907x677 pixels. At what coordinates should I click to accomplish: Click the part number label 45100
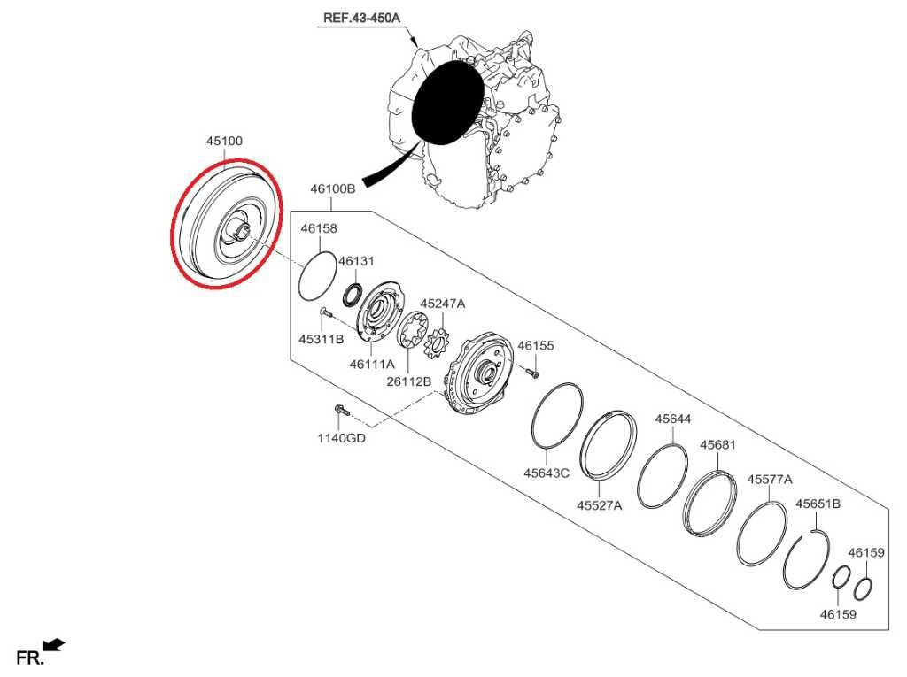click(x=224, y=141)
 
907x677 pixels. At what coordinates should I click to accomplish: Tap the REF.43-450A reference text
click(x=361, y=18)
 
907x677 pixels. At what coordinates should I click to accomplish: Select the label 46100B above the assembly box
click(x=333, y=188)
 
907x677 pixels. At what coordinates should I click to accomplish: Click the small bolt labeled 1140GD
click(x=341, y=412)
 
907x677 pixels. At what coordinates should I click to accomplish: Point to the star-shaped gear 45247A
click(x=437, y=343)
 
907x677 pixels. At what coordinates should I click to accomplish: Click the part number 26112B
click(x=409, y=381)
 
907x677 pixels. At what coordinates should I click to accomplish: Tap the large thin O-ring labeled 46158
click(x=318, y=276)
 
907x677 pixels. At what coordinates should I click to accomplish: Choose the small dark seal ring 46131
click(x=352, y=295)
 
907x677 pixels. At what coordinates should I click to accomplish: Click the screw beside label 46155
click(x=532, y=372)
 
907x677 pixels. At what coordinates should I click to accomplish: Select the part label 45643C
click(x=547, y=473)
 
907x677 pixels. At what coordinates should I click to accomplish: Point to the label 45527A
click(x=600, y=506)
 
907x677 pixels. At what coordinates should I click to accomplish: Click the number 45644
click(x=673, y=419)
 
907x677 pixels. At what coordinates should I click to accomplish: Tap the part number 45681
click(x=717, y=445)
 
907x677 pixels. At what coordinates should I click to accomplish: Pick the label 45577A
click(x=770, y=480)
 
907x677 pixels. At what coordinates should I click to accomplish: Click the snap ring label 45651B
click(x=818, y=504)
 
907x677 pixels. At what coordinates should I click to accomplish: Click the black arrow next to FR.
click(x=54, y=644)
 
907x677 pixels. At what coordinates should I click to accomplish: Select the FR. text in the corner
click(x=30, y=658)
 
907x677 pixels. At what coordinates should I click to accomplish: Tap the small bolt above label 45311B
click(x=324, y=312)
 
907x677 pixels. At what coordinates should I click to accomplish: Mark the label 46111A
click(x=372, y=365)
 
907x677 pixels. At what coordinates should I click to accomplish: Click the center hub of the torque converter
click(x=240, y=228)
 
